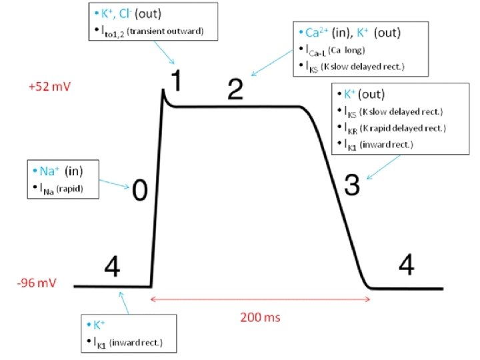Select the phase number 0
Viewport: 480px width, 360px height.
139,191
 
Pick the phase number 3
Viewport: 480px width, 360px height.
352,187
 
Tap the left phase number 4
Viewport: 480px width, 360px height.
112,269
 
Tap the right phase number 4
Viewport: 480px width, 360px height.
406,265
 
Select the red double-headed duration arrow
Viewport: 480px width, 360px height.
261,299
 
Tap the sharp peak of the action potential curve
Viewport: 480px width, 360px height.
163,91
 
